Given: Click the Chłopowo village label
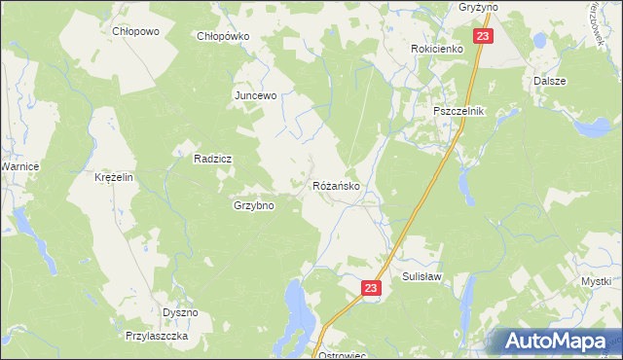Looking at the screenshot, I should (x=135, y=31).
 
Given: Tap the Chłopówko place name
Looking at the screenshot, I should (x=224, y=36).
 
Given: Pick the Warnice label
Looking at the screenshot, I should (x=18, y=167).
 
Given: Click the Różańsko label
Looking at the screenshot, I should (x=338, y=185).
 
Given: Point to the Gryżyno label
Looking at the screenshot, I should (x=478, y=6).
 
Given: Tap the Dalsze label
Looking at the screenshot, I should (x=550, y=81).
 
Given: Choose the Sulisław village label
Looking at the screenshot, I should (x=422, y=276).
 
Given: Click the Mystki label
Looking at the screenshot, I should (x=596, y=281).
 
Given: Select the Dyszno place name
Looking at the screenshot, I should (x=180, y=312).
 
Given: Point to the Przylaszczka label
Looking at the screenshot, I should (x=156, y=335).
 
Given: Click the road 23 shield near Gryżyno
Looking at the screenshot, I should (x=485, y=36).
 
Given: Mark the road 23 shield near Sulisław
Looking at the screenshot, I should (x=370, y=288).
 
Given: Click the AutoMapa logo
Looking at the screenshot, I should (x=556, y=341).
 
